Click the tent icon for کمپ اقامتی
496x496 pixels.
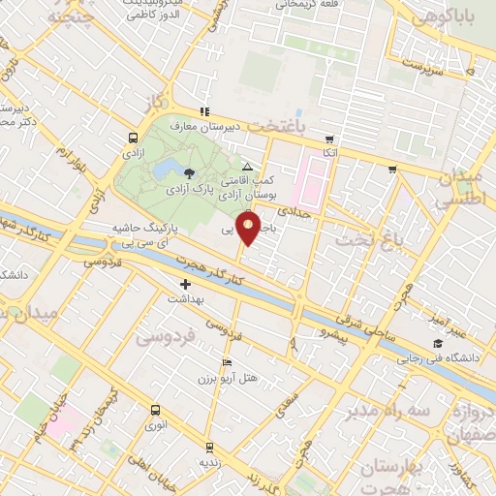[246, 167]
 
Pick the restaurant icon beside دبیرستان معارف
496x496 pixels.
[204, 111]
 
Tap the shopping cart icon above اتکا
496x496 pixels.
[330, 139]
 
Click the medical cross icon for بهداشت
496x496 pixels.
[185, 285]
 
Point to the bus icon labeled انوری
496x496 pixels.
[155, 411]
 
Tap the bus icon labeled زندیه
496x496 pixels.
[209, 448]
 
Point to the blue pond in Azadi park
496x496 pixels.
[161, 171]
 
